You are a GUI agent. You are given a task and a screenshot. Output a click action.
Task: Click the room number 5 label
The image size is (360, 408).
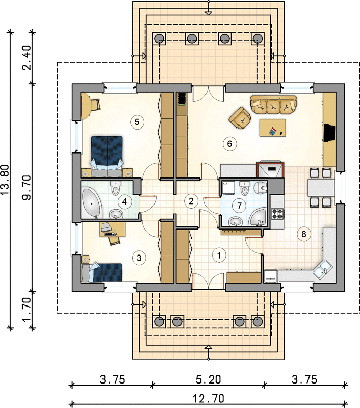[137, 122]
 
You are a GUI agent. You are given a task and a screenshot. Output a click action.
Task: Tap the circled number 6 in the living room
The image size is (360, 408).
[229, 144]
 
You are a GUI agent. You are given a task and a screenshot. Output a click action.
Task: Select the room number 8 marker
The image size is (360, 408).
[303, 234]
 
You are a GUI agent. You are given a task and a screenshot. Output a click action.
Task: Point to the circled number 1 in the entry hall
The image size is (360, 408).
[219, 256]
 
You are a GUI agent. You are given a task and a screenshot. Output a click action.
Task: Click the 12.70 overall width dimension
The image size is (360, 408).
[208, 398]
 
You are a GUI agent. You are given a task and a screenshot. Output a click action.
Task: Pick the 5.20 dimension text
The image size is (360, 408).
[208, 379]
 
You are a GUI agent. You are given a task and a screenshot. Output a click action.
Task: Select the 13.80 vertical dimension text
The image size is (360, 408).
[5, 180]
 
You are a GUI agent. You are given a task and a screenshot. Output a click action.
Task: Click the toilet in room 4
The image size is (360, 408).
[115, 188]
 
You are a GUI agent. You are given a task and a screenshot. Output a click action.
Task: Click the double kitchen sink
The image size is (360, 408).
[322, 269]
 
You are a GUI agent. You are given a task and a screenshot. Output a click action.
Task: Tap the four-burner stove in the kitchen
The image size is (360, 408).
[277, 214]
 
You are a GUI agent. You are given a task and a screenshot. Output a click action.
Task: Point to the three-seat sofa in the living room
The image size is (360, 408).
[273, 105]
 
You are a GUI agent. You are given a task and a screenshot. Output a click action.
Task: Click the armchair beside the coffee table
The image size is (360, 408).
[240, 118]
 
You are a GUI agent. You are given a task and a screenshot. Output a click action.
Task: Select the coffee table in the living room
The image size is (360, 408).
[273, 127]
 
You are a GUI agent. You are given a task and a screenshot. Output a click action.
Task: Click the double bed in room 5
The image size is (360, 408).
[107, 156]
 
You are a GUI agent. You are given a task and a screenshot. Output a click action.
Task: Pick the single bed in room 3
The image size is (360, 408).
[101, 272]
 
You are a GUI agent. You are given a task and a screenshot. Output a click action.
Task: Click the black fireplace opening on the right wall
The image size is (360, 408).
[329, 133]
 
